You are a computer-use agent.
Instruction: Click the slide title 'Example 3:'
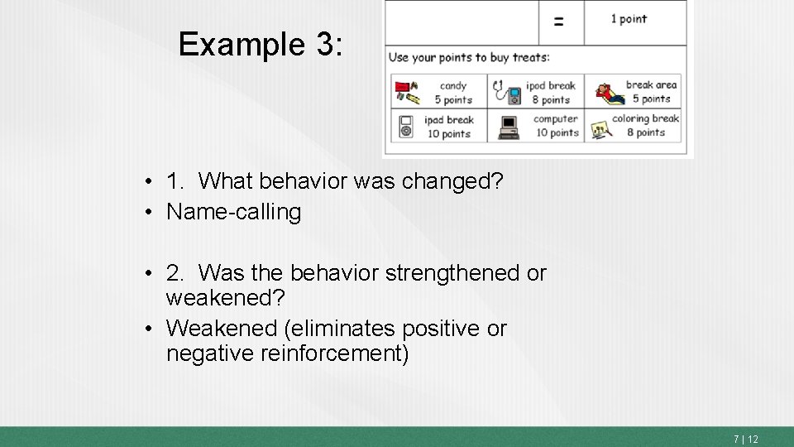coord(260,44)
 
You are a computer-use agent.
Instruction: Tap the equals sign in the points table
coord(559,22)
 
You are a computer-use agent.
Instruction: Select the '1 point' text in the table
coord(629,19)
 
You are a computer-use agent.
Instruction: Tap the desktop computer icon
coord(509,126)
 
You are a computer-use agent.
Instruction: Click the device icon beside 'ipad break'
coord(406,126)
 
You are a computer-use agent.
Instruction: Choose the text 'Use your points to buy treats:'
coord(469,57)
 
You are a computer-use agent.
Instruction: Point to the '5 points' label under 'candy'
coord(453,99)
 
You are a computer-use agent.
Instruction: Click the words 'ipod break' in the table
coord(551,85)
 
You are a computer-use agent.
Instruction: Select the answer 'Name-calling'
coord(233,212)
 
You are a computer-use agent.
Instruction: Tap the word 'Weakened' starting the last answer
coord(221,329)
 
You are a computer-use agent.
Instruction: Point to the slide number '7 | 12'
coord(745,439)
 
